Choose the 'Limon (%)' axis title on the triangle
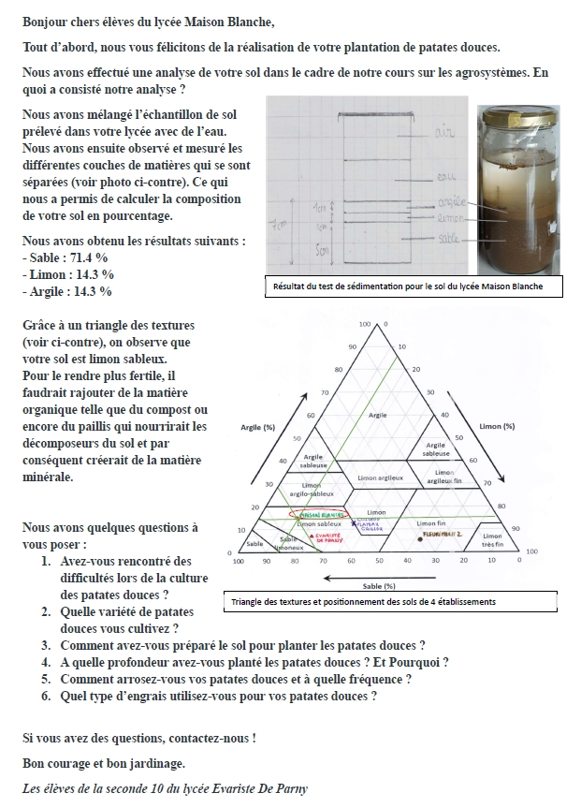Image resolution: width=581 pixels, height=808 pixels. point(496,426)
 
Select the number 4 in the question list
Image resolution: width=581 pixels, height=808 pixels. point(46,662)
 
